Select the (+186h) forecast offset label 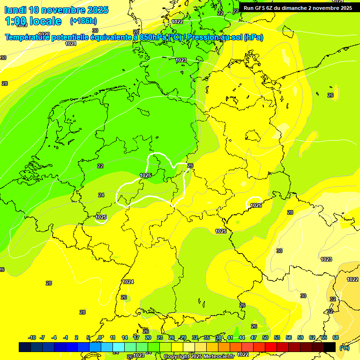coord(83,21)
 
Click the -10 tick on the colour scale coord(32,337)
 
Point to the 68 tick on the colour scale coord(336,337)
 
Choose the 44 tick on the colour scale coord(242,337)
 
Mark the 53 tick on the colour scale coord(277,337)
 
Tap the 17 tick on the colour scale coord(136,337)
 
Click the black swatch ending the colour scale coord(330,347)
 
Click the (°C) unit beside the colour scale coord(344,347)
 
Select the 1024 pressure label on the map coord(128,282)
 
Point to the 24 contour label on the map coord(101,195)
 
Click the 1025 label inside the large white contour coord(145,175)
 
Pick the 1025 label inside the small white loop coord(255,205)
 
